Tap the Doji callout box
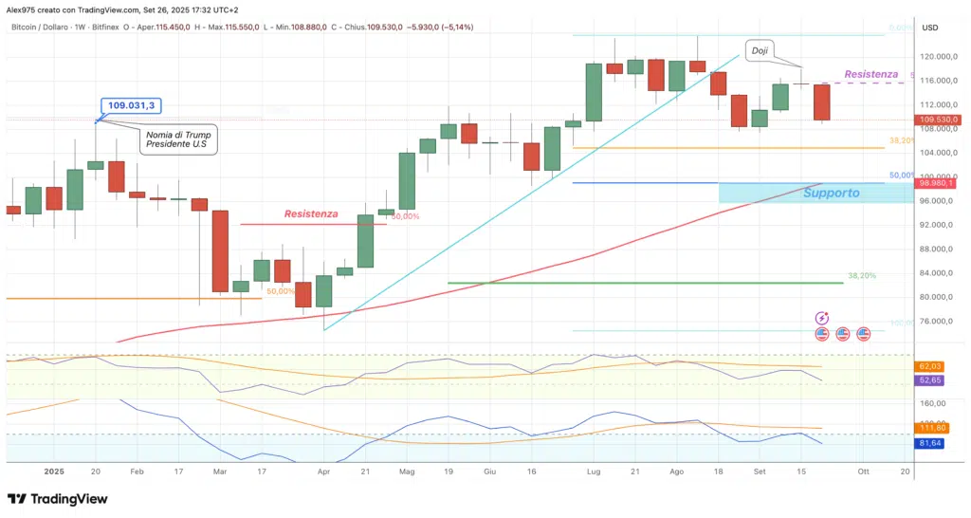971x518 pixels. [x=760, y=50]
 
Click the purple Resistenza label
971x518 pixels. [x=870, y=74]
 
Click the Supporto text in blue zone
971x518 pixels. [x=831, y=193]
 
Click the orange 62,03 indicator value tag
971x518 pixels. [x=929, y=366]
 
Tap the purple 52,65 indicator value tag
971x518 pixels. [x=929, y=379]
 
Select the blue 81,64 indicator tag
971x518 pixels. [x=929, y=442]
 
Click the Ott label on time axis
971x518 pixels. [x=863, y=471]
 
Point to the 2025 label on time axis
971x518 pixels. [x=53, y=471]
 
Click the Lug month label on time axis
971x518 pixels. [x=594, y=471]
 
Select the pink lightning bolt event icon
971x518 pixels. [x=822, y=318]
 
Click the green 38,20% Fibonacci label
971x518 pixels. [x=861, y=275]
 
